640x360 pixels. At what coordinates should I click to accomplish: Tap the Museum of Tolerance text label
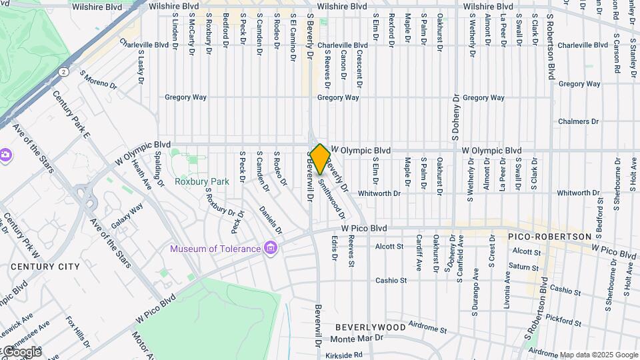[x=215, y=249]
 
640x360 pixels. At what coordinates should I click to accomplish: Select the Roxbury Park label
[x=201, y=181]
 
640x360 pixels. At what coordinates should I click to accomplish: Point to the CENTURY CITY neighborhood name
[x=45, y=267]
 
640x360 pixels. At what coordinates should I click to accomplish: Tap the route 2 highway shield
[x=63, y=71]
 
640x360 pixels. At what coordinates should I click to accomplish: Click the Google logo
[x=21, y=351]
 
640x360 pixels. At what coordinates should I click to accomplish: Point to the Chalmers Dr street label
[x=579, y=122]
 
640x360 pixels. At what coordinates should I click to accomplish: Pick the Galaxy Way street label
[x=127, y=217]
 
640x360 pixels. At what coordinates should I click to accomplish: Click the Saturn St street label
[x=525, y=266]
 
